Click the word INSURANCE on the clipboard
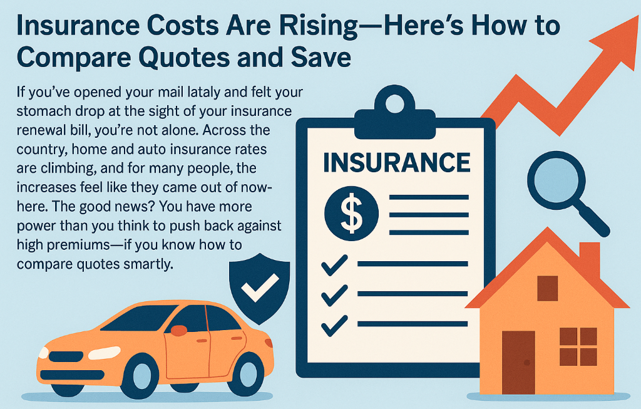396,162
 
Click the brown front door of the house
518,363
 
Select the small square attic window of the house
547,287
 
